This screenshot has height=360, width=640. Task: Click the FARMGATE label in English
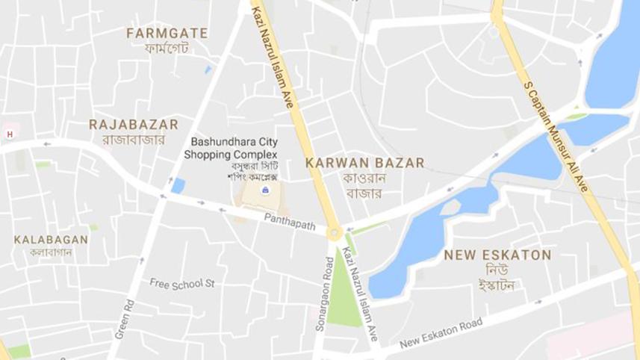[167, 34]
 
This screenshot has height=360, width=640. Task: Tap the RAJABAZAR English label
[134, 124]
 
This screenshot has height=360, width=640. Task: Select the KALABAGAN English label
[51, 240]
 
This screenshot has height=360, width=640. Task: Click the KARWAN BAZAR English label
[365, 163]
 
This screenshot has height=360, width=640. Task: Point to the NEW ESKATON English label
[497, 255]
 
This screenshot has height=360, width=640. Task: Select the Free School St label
[182, 283]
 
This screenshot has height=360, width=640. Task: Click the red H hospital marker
[10, 134]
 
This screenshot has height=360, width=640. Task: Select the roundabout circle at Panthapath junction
[334, 234]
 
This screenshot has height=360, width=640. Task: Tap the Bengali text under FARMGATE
[167, 49]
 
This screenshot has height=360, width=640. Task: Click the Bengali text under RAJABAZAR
[133, 139]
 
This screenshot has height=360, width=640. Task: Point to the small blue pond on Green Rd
[178, 185]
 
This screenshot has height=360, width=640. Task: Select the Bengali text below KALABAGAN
[50, 253]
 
